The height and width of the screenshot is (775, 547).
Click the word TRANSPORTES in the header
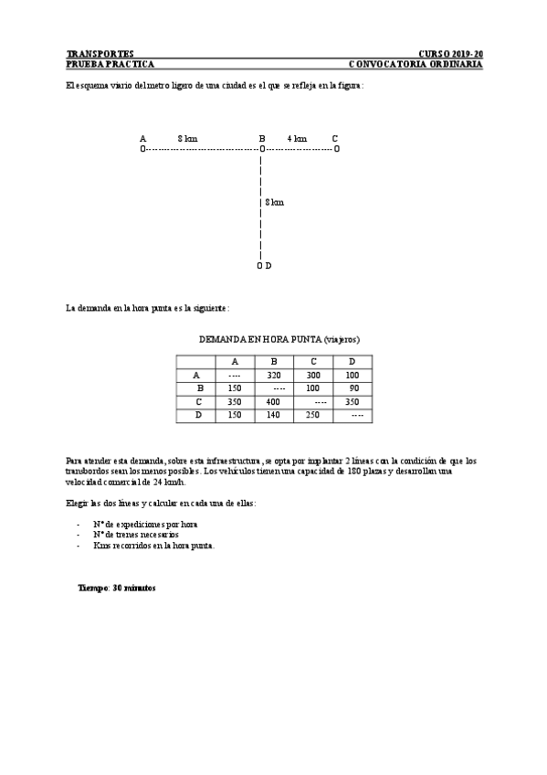coord(100,54)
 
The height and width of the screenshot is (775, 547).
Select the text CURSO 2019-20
coord(450,54)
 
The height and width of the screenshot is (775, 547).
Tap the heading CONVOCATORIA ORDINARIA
coord(416,65)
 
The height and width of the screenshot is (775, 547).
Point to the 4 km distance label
coord(297,139)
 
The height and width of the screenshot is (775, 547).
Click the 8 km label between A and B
coord(187,139)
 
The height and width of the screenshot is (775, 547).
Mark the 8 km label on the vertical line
coord(274,202)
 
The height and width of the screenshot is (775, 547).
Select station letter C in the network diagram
coord(335,139)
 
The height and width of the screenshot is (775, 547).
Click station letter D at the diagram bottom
coord(268,265)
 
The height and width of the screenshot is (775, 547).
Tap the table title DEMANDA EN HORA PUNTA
coord(272,339)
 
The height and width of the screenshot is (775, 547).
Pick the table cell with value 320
coord(273,376)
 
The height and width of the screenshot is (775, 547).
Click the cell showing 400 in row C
coord(273,402)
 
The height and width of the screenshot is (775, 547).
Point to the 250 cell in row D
coord(313,416)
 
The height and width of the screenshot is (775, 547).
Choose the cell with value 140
coord(273,416)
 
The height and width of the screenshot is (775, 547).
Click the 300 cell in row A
coord(313,376)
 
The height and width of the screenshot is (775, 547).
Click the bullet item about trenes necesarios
coord(135,534)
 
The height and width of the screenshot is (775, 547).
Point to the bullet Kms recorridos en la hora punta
coord(153,545)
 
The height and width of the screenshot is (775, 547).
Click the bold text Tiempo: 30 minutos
coord(117,589)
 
